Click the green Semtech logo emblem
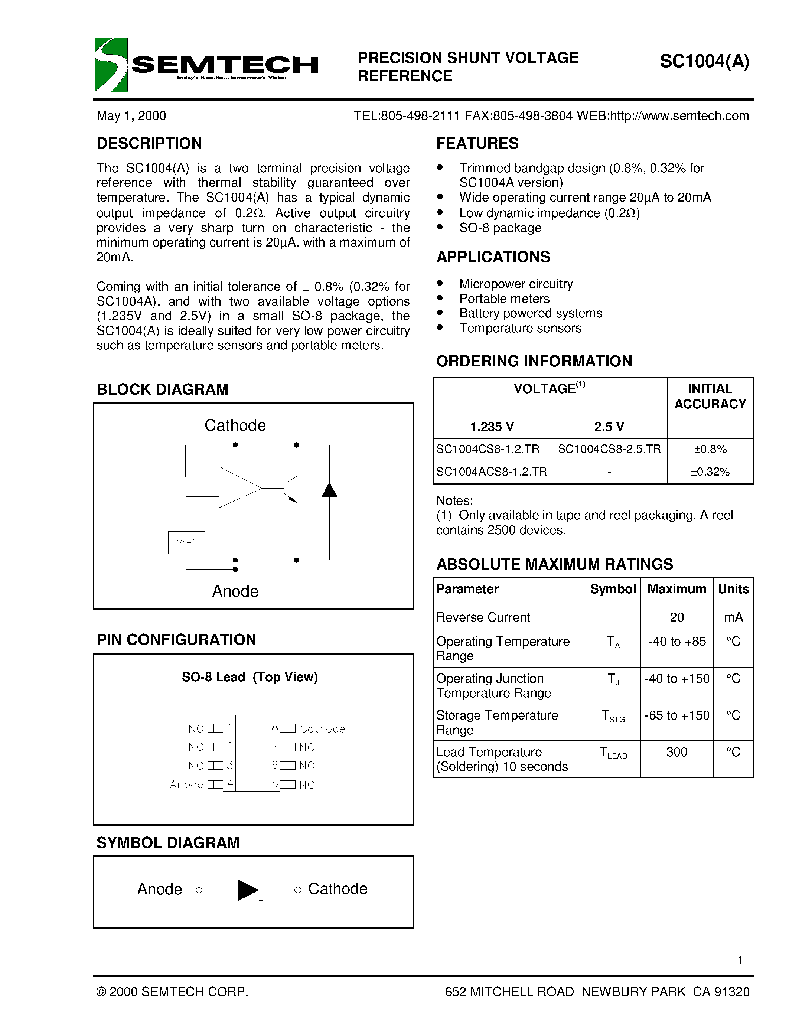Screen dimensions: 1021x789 111,65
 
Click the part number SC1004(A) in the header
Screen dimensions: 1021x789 704,61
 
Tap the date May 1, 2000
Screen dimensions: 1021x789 131,116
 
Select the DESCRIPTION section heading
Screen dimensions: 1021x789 149,143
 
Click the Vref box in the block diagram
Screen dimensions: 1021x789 186,542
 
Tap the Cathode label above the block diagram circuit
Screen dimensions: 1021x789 235,425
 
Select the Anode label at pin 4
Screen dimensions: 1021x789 186,784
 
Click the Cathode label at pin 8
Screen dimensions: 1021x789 323,729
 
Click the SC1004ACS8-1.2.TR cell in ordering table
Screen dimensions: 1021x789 492,472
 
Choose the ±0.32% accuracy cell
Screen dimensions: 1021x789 710,472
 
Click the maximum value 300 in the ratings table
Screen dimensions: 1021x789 676,752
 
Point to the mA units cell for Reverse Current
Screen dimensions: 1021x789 733,617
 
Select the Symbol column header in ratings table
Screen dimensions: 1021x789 612,589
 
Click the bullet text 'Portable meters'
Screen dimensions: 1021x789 504,299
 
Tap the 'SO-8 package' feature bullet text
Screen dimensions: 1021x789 500,228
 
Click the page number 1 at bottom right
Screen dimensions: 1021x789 740,960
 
